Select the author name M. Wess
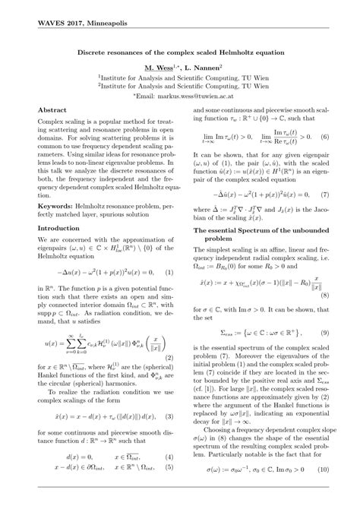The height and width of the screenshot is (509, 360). [163, 67]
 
